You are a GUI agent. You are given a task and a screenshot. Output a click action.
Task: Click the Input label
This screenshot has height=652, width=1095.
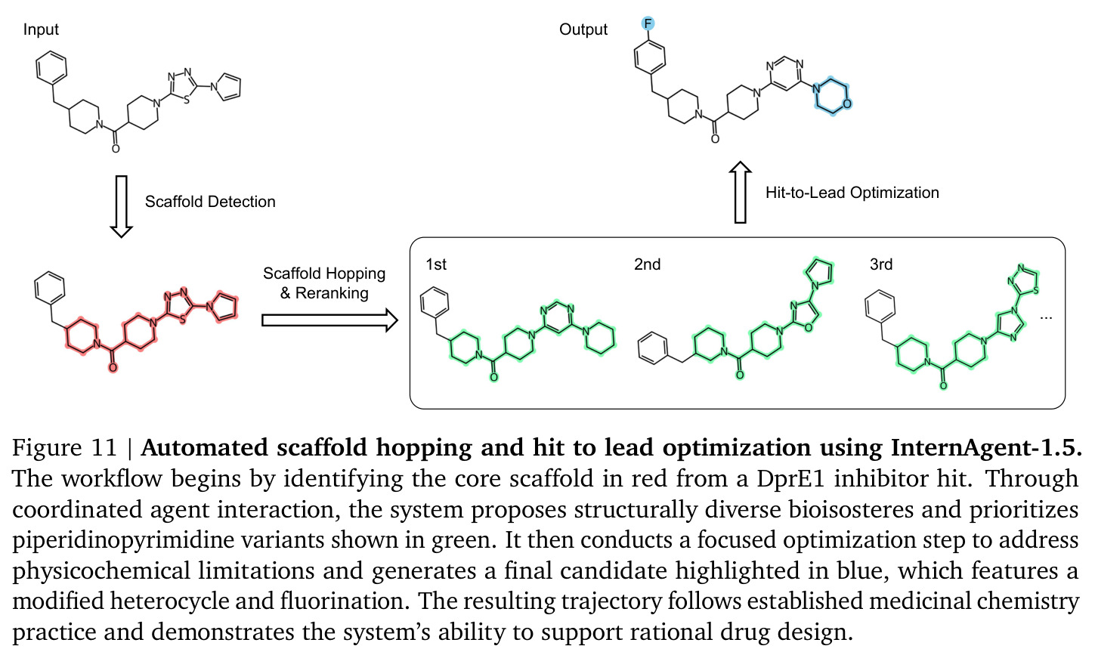(x=41, y=29)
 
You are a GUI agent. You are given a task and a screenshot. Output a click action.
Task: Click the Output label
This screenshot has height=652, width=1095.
(x=583, y=29)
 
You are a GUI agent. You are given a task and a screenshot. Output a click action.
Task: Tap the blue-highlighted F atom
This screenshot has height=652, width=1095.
(x=648, y=23)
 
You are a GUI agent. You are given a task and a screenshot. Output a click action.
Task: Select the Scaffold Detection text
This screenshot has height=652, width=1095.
(x=210, y=202)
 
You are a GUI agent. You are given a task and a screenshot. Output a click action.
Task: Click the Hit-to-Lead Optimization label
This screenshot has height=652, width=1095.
(x=852, y=193)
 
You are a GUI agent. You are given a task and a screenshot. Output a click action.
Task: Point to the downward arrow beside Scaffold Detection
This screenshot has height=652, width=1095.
(x=121, y=206)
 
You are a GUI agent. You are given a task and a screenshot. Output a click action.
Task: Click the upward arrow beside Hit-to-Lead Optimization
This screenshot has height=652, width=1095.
(x=740, y=193)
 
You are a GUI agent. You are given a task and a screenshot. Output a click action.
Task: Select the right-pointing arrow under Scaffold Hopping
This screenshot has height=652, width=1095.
(x=329, y=320)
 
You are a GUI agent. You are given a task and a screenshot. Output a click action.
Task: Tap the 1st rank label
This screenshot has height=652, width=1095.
(x=436, y=264)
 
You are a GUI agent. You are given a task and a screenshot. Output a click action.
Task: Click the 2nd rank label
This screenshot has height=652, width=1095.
(x=647, y=264)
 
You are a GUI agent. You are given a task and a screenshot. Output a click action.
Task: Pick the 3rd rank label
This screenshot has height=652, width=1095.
(x=881, y=264)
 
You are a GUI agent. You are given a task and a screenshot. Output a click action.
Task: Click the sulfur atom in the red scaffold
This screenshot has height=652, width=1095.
(x=182, y=320)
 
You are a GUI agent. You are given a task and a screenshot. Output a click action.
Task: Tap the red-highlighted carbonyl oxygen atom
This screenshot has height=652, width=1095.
(x=113, y=367)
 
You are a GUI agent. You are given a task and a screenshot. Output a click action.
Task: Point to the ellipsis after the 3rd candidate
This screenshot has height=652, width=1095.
(x=1046, y=318)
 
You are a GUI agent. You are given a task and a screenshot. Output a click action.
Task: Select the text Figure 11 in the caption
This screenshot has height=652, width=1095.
(x=64, y=448)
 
